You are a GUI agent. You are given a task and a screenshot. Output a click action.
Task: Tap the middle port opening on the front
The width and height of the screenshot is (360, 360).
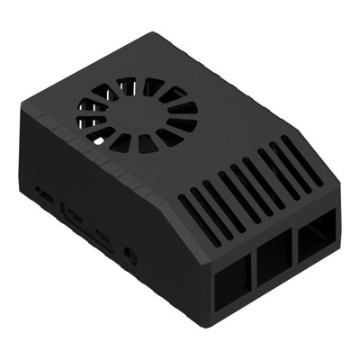point(274,259)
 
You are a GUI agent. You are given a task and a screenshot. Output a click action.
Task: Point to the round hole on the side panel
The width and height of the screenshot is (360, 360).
point(133,254)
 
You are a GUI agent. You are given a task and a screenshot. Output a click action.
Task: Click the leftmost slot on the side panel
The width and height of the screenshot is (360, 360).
point(42,192)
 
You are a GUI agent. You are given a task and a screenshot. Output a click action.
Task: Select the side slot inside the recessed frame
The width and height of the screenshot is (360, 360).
point(72,216)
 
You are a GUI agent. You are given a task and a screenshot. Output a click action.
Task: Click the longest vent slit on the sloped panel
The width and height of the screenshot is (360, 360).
point(297,163)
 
